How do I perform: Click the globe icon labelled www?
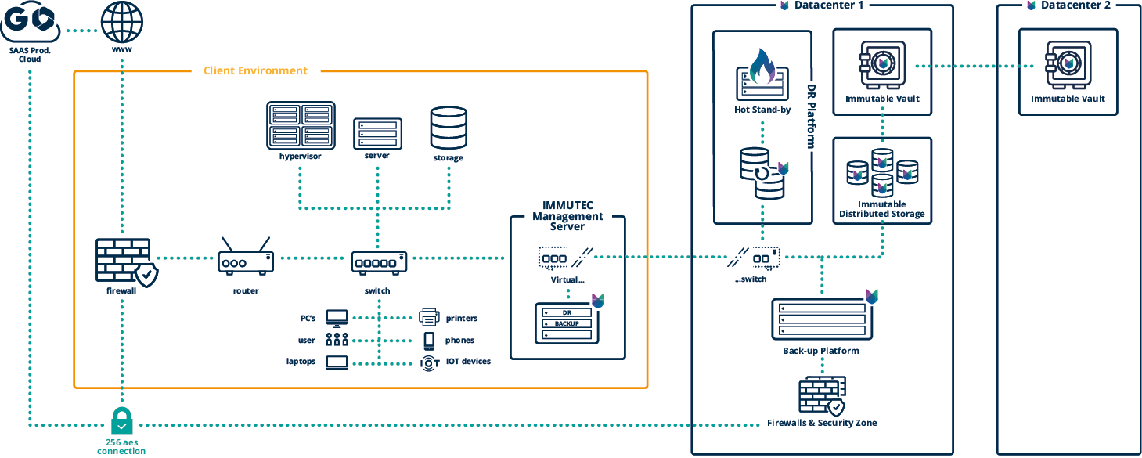[122, 23]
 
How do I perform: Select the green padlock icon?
[122, 420]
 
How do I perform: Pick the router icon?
[246, 258]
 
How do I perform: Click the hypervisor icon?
[301, 125]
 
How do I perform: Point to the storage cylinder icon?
[449, 128]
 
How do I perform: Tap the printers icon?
[428, 317]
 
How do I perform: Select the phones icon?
[429, 340]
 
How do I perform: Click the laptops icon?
[337, 362]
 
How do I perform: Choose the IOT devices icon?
[429, 362]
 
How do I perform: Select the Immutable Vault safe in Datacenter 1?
[882, 63]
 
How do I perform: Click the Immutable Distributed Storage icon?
[882, 172]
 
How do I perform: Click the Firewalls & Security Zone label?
[822, 423]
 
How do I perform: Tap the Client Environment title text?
[255, 70]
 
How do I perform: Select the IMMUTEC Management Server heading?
[567, 215]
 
